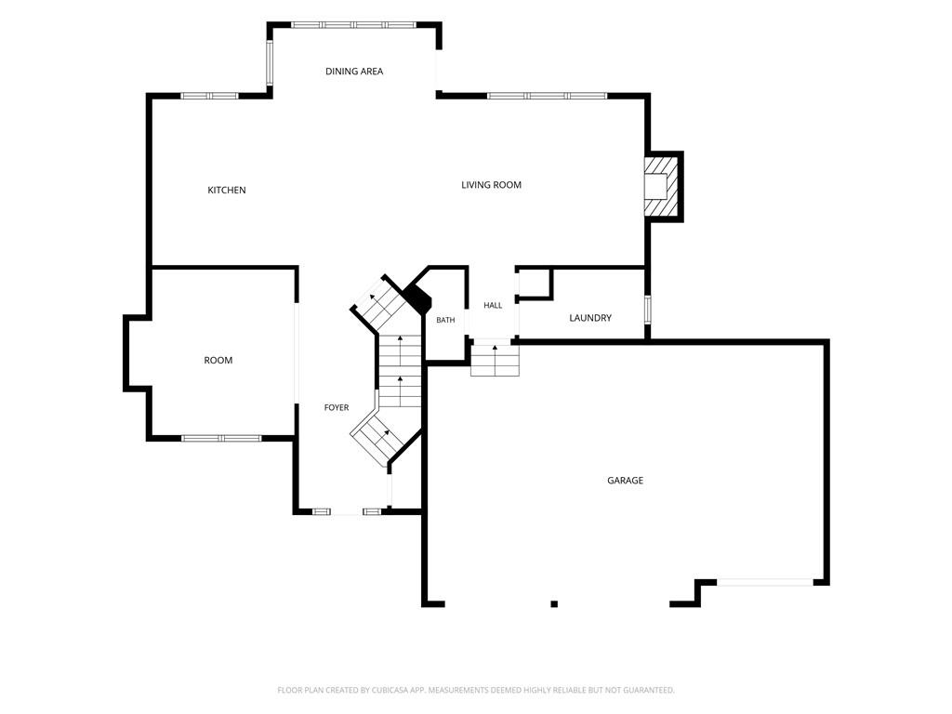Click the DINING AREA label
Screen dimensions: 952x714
click(354, 71)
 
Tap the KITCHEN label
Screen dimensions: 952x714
click(227, 190)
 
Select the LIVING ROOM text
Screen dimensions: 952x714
click(491, 185)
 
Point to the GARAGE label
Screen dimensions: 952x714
click(625, 481)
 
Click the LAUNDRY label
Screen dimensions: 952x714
click(590, 318)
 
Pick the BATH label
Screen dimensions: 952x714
click(445, 320)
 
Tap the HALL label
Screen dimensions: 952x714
click(493, 305)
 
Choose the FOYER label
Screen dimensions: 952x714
click(337, 407)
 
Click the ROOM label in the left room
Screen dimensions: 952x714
click(218, 360)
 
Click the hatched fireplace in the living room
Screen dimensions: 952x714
click(660, 186)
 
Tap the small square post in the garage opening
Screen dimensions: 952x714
click(554, 603)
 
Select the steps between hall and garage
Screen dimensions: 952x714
click(496, 361)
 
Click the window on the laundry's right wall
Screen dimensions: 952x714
click(647, 309)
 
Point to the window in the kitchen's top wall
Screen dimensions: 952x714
click(210, 96)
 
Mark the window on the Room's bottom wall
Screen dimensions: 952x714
click(221, 438)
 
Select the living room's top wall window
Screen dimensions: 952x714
click(547, 96)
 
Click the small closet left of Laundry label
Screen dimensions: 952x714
click(534, 283)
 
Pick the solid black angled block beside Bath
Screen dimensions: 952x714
click(418, 297)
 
